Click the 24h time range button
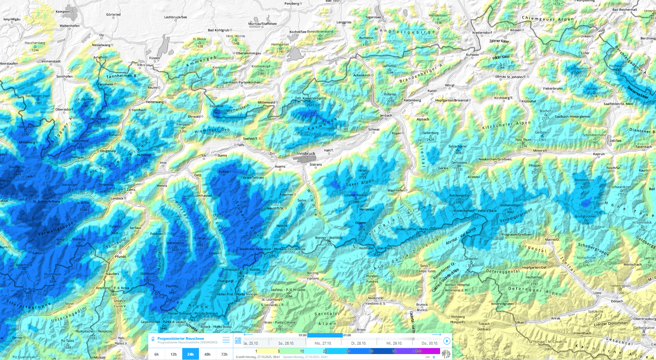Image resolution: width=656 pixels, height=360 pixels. (x=190, y=354)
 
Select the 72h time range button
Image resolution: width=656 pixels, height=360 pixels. (x=224, y=354)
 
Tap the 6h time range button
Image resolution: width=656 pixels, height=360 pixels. (x=157, y=354)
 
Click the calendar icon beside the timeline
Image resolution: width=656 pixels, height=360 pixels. (x=238, y=341)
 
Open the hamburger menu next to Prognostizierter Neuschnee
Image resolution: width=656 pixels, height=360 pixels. (x=226, y=340)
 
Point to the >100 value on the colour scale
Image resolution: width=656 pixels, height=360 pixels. (x=417, y=351)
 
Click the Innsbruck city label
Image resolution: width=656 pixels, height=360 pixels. (x=306, y=153)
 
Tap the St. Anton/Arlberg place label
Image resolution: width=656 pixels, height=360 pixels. (x=46, y=202)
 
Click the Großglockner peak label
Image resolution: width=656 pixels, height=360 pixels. (x=585, y=217)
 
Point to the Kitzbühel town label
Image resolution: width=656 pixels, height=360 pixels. (x=529, y=101)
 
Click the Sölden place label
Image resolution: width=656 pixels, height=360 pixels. (x=214, y=253)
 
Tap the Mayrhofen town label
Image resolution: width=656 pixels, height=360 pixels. (x=396, y=190)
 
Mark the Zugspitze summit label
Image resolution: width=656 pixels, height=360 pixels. (x=216, y=106)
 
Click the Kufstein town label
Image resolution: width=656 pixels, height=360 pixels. (x=472, y=55)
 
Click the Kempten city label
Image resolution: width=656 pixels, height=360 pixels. (x=62, y=12)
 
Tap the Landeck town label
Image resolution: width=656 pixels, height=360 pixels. (x=117, y=198)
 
